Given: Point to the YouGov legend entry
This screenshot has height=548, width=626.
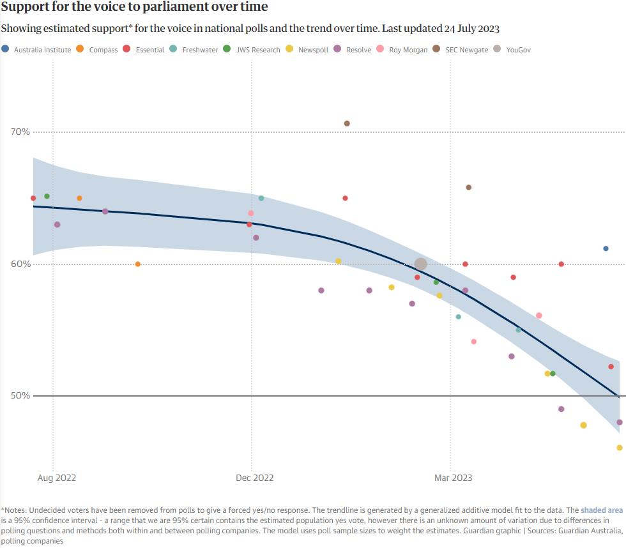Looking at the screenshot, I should point(518,50).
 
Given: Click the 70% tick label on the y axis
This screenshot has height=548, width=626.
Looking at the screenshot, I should point(20,132).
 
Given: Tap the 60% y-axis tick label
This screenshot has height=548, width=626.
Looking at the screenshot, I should point(20,264).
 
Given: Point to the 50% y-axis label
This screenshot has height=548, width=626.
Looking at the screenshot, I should point(20,396).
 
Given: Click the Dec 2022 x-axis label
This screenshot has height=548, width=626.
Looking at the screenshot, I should point(256,478).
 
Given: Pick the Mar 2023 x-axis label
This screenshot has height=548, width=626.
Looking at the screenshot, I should point(454,478).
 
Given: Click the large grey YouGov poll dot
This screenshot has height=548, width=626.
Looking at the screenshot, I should point(420,264).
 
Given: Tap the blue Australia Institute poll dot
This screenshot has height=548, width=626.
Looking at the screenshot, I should point(606,248).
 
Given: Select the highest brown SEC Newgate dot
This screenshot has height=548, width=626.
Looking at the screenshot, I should point(347,123).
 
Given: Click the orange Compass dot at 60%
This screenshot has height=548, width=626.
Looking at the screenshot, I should point(137,264).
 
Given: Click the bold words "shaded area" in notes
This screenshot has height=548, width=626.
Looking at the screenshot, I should point(601,510).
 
